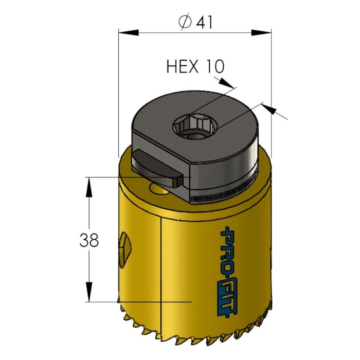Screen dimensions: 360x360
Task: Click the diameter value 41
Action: point(203,22)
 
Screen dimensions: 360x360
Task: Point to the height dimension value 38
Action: point(89,240)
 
